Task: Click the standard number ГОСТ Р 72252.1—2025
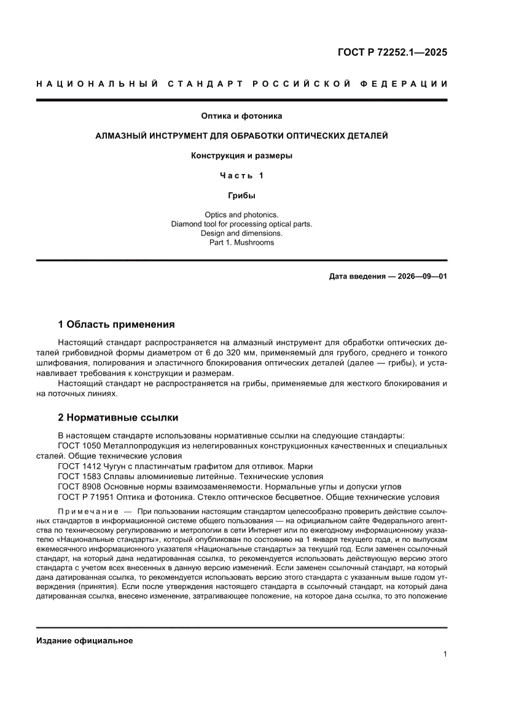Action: [392, 52]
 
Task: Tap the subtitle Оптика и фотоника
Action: [241, 115]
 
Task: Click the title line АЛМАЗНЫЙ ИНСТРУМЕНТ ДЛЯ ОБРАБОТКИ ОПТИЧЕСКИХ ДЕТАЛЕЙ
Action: [241, 135]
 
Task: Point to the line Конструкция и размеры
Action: [241, 156]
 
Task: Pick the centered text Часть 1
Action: [241, 176]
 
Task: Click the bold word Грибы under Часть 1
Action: [241, 196]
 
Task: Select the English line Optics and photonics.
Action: [241, 215]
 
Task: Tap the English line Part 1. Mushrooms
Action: [241, 242]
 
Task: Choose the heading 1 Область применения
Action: [116, 324]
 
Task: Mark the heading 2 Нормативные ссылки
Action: [118, 418]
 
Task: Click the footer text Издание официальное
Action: [85, 640]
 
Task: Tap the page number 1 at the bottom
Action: [444, 654]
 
